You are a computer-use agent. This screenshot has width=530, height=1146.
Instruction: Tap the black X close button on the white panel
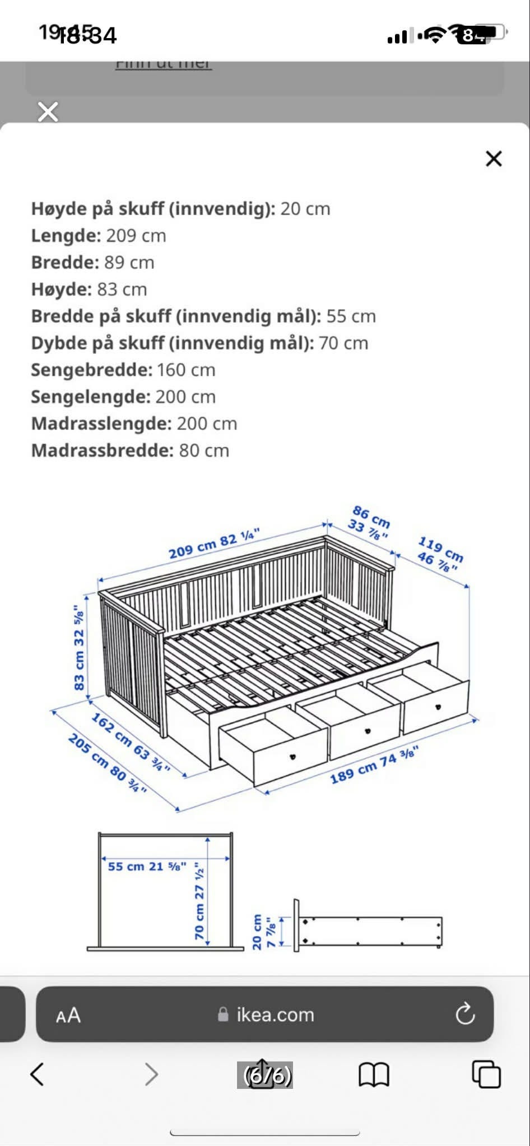coord(494,158)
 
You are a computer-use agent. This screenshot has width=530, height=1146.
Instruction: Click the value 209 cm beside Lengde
coord(136,235)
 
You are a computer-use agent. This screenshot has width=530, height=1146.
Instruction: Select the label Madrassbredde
coord(103,450)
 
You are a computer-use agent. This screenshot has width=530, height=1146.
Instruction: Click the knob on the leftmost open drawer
coord(292,756)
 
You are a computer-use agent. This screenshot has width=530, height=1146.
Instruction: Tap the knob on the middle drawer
coord(368,731)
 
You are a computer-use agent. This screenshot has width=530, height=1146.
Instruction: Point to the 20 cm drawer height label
coord(257,932)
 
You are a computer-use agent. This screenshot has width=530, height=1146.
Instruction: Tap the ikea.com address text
coord(275,1014)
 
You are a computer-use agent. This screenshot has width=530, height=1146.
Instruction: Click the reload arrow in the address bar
coord(464,1013)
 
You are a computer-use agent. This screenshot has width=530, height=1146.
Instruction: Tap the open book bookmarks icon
coord(374,1074)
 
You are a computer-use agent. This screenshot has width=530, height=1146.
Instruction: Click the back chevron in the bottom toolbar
coord(38,1074)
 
